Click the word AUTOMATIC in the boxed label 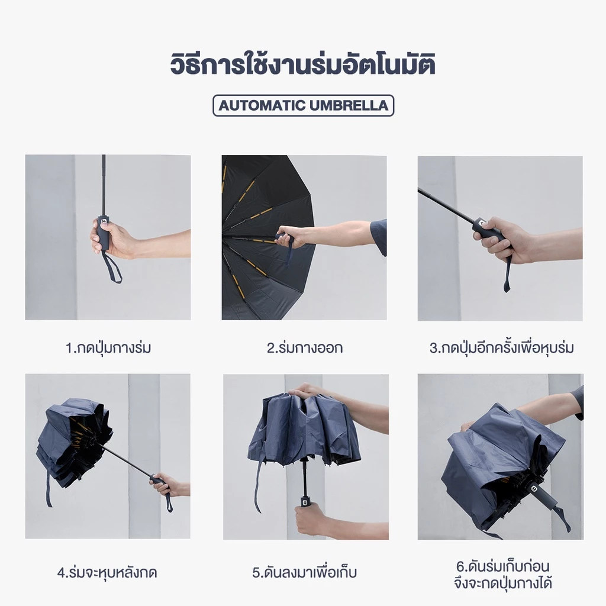coord(262,105)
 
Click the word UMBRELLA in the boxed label coord(349,105)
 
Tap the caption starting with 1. coord(108,347)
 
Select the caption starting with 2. coord(305,347)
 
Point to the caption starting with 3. coord(501,347)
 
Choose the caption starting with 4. coord(107,572)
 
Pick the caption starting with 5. coord(304,572)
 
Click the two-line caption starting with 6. coord(503,575)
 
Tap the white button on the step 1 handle coord(104,222)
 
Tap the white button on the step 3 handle coord(481,223)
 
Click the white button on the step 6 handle coord(533,488)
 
